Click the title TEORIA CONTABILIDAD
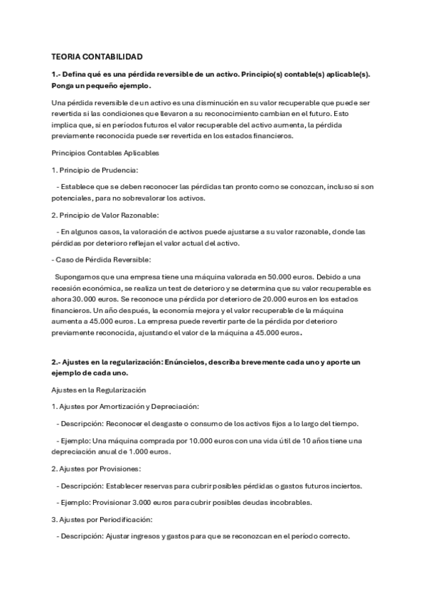97,55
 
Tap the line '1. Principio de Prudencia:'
95,170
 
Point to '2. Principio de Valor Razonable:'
106,215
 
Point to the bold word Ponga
66,87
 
